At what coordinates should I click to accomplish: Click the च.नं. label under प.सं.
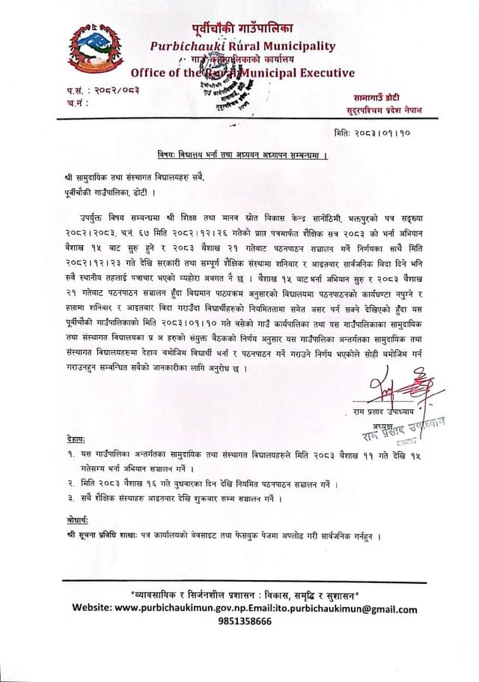pyautogui.click(x=77, y=100)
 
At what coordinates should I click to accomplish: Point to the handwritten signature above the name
pyautogui.click(x=390, y=390)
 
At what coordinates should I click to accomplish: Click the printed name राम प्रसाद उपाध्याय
pyautogui.click(x=394, y=411)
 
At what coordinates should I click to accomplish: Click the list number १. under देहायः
pyautogui.click(x=70, y=453)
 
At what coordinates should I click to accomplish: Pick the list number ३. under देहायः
pyautogui.click(x=70, y=498)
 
